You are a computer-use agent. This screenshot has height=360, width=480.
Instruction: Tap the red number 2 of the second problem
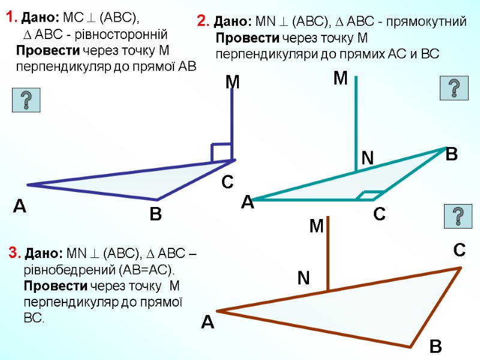[202, 23]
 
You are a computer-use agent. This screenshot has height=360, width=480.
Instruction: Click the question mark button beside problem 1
[26, 100]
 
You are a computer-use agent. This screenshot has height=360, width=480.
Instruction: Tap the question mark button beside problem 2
[454, 88]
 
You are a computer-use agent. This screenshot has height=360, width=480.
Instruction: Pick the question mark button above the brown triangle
[457, 216]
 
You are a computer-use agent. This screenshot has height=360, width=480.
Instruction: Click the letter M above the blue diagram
[232, 83]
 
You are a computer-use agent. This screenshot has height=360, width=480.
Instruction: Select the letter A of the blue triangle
[20, 208]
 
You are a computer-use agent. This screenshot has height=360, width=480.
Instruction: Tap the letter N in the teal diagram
[367, 158]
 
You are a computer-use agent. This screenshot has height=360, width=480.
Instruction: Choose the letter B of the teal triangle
[452, 154]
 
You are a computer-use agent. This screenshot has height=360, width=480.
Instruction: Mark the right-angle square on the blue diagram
[221, 152]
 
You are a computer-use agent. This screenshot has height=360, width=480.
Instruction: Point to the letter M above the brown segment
[316, 226]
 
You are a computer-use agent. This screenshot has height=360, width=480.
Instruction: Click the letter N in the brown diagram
[304, 278]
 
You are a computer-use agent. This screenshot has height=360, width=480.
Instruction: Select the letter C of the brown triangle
[459, 250]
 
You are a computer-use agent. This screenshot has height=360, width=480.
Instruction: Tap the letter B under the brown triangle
[436, 347]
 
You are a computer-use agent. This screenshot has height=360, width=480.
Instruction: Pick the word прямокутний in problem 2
[431, 23]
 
